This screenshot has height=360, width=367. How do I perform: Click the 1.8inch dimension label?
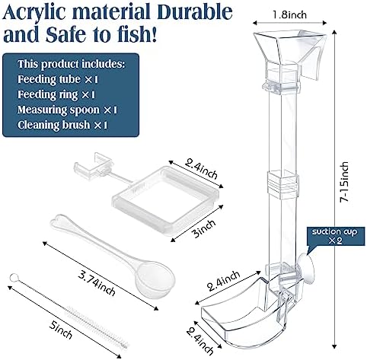point(289,14)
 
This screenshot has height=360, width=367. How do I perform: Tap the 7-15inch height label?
point(344,182)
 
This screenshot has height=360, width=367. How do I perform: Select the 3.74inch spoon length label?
point(97,282)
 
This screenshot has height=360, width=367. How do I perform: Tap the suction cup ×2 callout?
point(334,236)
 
